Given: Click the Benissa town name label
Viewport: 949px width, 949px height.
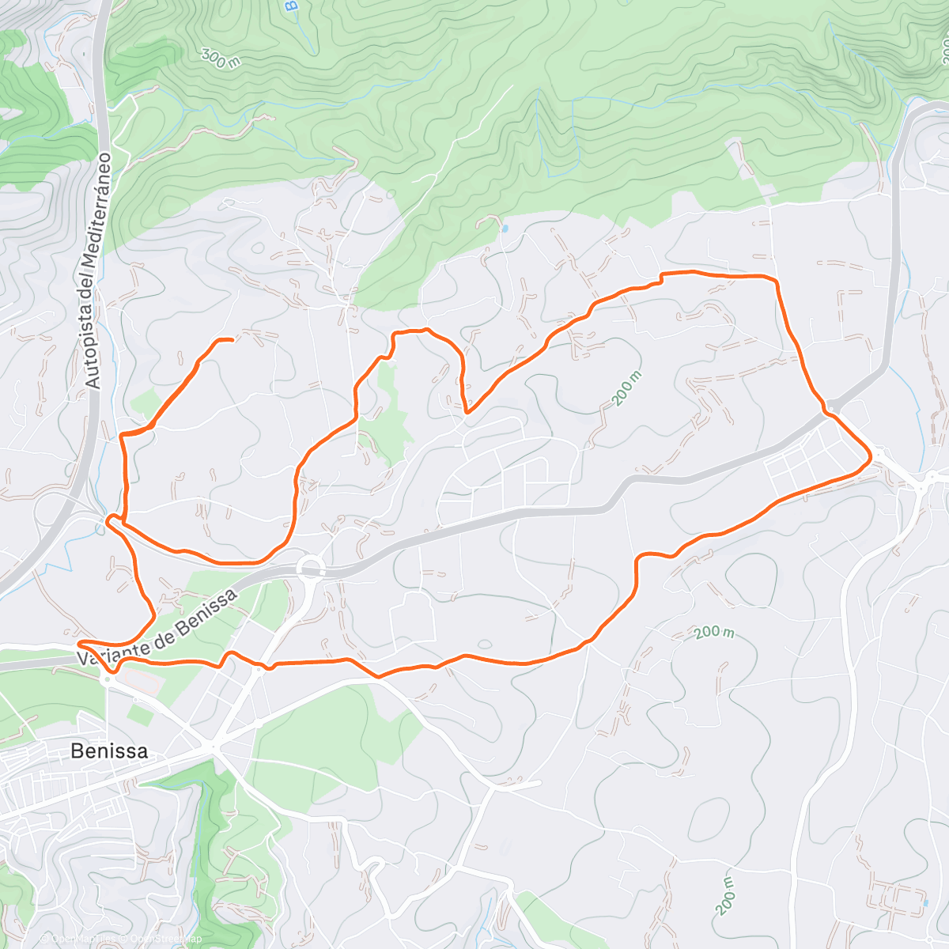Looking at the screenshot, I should [109, 751].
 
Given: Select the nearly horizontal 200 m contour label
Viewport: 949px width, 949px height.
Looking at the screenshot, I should [714, 633].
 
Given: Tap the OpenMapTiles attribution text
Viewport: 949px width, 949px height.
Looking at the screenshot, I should [79, 940].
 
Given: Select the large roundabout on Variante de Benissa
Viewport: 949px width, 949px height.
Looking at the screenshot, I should [310, 567].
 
